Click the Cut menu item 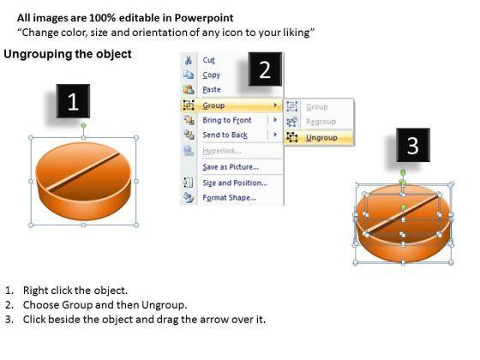coord(208,60)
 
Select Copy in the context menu coord(211,75)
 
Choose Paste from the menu coord(212,90)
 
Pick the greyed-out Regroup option coord(321,122)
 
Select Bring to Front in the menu coord(227,120)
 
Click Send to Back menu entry coord(225,135)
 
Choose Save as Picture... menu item coord(231,167)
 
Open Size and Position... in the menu coord(235,183)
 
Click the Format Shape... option coord(230,198)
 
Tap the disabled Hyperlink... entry coord(222,151)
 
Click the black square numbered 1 coord(73,101)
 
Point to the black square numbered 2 coord(265,69)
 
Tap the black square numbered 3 coord(413,145)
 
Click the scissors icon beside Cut coord(189,60)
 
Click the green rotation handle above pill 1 coord(84,125)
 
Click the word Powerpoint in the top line coord(204,18)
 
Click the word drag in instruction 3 coord(167,320)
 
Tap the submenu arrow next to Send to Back coord(275,135)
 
